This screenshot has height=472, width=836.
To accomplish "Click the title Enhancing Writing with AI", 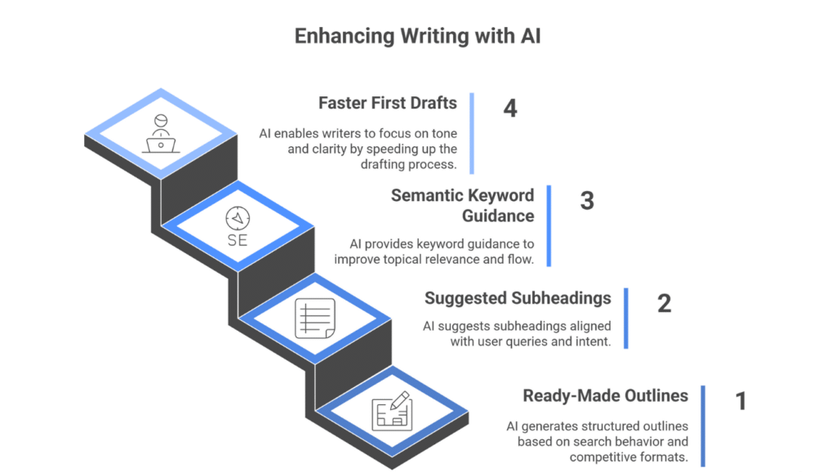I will point(417,36).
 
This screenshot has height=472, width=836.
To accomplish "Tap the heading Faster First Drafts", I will point(387,104).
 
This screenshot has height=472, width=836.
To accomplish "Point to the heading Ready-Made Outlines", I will point(605,396).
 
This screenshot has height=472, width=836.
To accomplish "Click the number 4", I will point(510,108).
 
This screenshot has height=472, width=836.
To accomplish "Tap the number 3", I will point(586,200).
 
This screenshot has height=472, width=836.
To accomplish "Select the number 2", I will point(664,303).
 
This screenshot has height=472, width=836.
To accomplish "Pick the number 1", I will point(740,401).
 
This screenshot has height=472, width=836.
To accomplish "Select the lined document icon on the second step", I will point(314,318).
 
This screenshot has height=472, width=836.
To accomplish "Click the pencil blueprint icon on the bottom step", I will point(391,412).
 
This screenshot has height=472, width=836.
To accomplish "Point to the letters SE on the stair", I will point(238,243).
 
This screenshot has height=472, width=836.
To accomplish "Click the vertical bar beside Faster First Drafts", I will point(473,133).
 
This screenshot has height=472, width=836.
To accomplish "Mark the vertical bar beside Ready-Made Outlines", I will point(703,425).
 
